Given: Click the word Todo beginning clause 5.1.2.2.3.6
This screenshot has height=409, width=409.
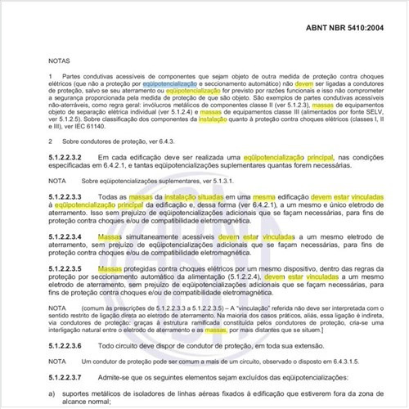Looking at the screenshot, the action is [107, 346].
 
